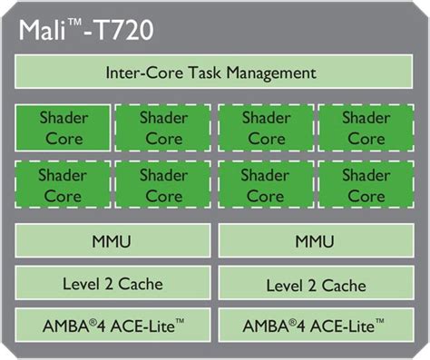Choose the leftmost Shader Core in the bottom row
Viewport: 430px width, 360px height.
pyautogui.click(x=63, y=185)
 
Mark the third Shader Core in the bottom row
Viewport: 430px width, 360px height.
pyautogui.click(x=266, y=185)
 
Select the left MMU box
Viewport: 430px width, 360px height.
pyautogui.click(x=112, y=243)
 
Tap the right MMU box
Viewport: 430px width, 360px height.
pyautogui.click(x=316, y=243)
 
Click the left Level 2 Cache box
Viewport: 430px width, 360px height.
pyautogui.click(x=112, y=284)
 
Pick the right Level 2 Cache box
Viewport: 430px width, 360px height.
pyautogui.click(x=316, y=285)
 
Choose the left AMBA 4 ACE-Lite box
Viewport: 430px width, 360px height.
pyautogui.click(x=112, y=325)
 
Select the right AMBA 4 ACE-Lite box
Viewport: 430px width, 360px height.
pyautogui.click(x=316, y=325)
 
